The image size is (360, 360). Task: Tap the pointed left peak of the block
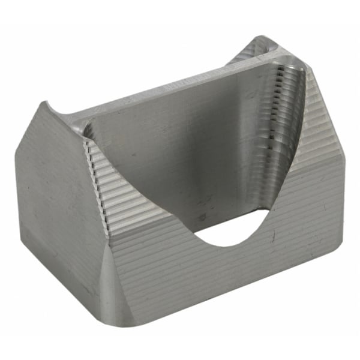coord(43,105)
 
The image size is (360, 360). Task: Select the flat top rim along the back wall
coord(174,90)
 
